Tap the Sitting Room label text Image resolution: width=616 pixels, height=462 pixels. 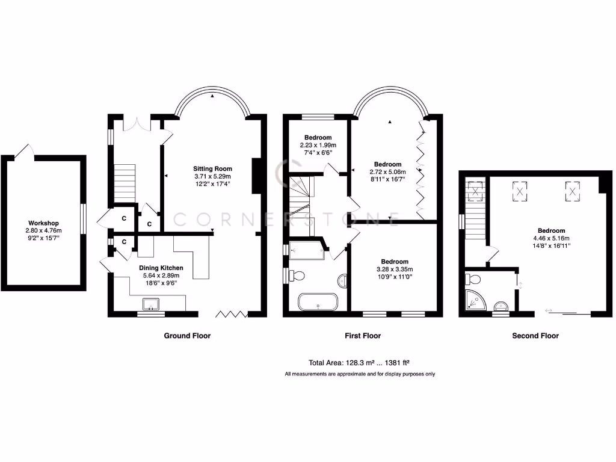point(212,169)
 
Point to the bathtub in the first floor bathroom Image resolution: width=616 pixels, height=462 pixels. point(318,301)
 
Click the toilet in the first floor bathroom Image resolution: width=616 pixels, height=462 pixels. point(297,276)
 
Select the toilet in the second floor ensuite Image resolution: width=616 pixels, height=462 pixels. point(472,279)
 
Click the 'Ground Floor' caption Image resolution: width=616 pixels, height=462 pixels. point(187,336)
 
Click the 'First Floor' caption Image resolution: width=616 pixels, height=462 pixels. point(363,336)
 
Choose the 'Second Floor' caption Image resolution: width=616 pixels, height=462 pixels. point(535,336)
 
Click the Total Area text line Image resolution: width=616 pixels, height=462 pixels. point(359,363)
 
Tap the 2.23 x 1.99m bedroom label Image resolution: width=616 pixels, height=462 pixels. point(318,137)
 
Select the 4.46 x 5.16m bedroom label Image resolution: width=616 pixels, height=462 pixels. point(551,231)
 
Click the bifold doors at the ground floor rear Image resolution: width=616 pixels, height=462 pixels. point(232,313)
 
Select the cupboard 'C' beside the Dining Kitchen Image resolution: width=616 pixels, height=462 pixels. point(124,242)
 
